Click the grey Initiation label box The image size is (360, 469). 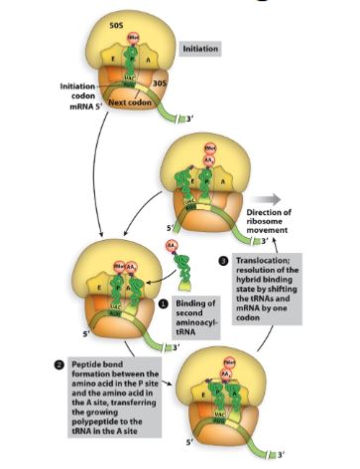coord(201,47)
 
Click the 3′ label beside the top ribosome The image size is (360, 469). coord(179,119)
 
